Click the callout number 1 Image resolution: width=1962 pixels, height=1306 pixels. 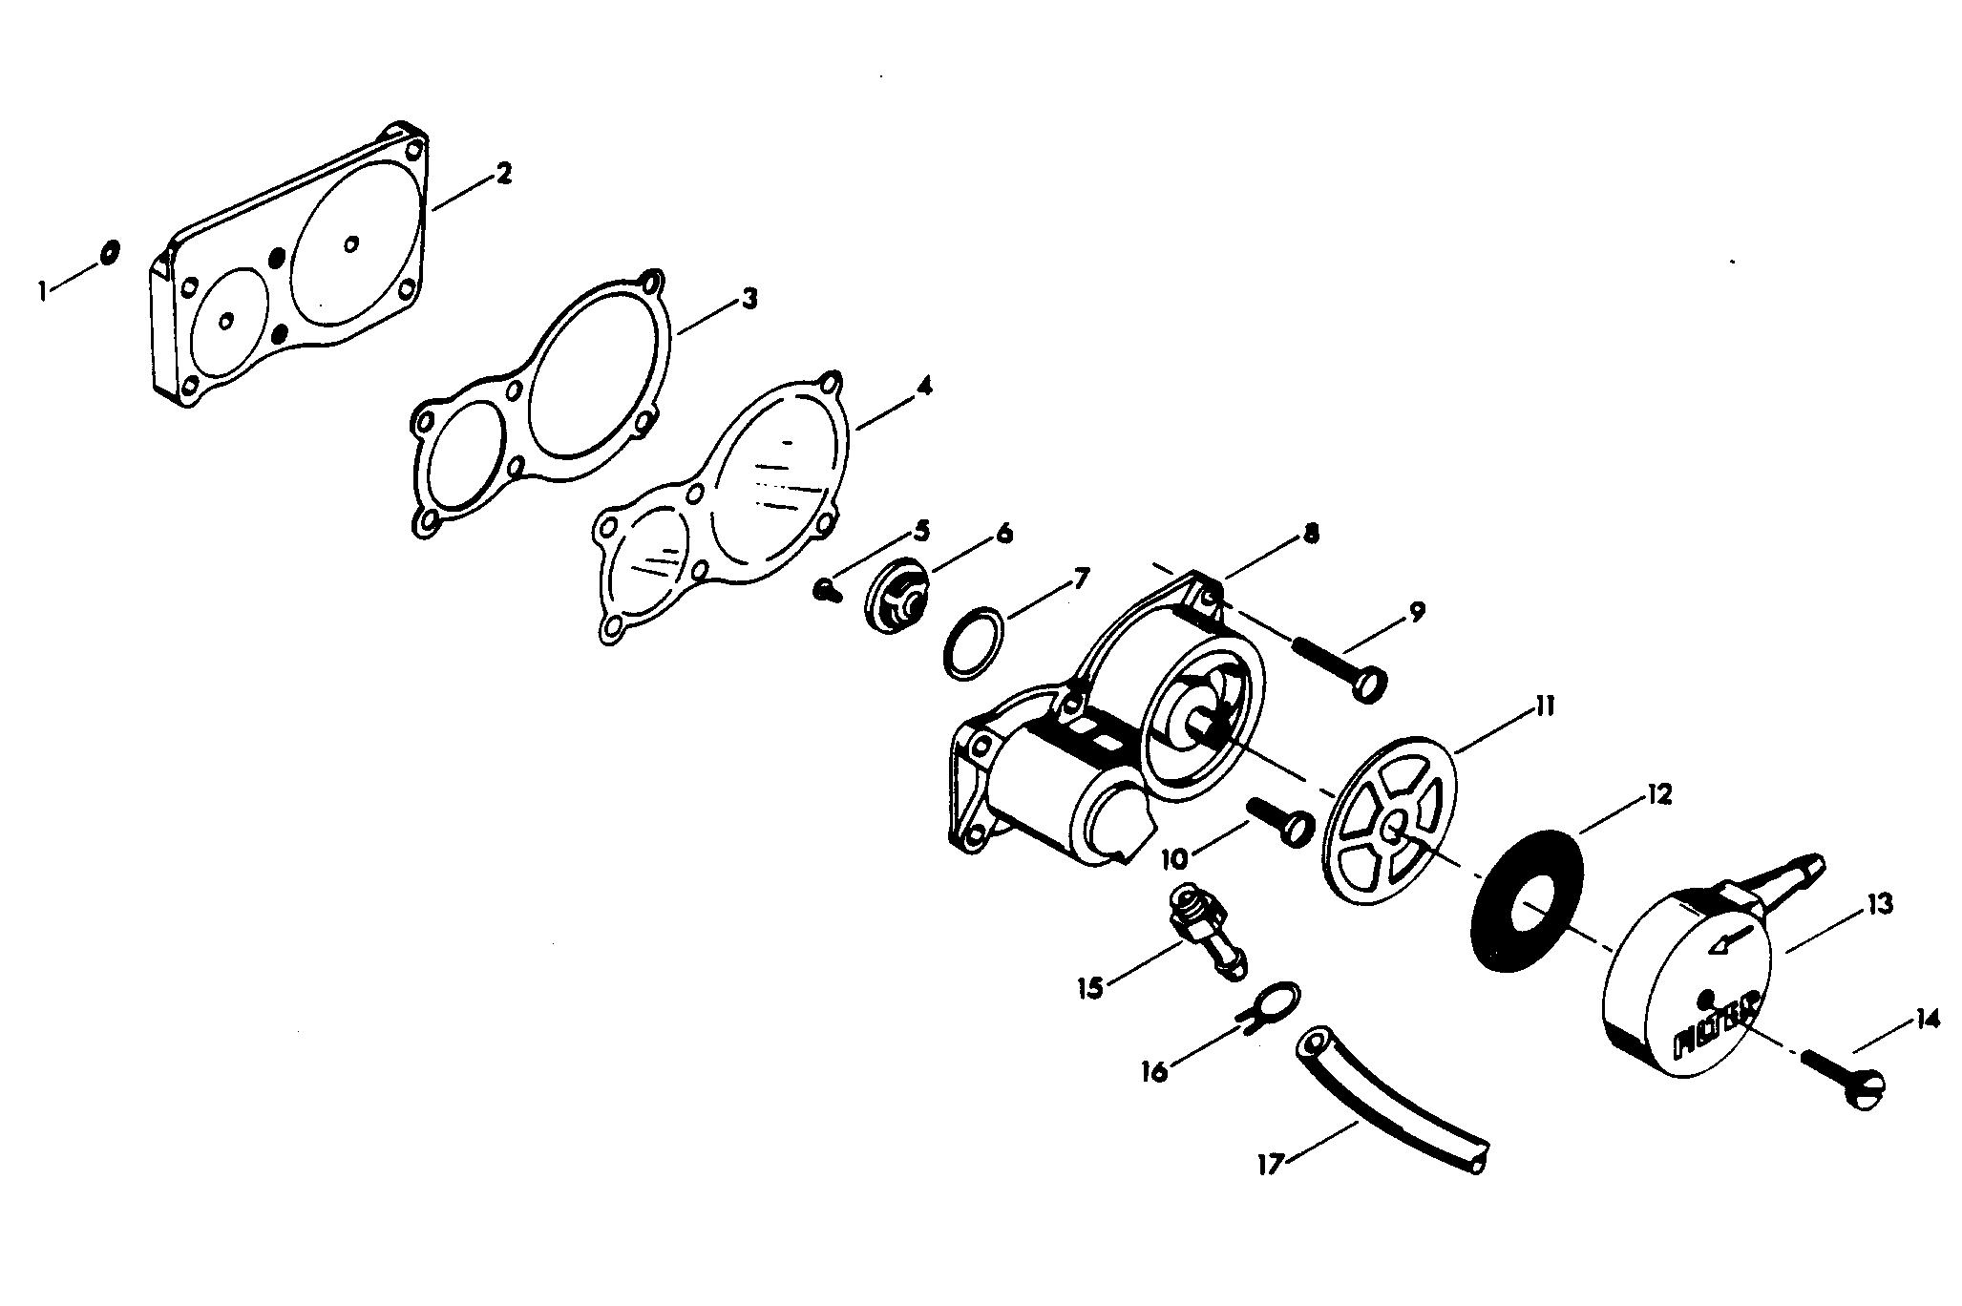43,290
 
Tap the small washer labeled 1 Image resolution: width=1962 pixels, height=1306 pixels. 109,252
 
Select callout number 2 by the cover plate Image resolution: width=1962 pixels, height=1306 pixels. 502,175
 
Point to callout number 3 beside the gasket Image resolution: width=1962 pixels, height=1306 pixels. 750,299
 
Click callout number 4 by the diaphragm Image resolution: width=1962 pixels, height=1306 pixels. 923,388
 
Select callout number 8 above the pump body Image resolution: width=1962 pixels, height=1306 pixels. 1311,535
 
